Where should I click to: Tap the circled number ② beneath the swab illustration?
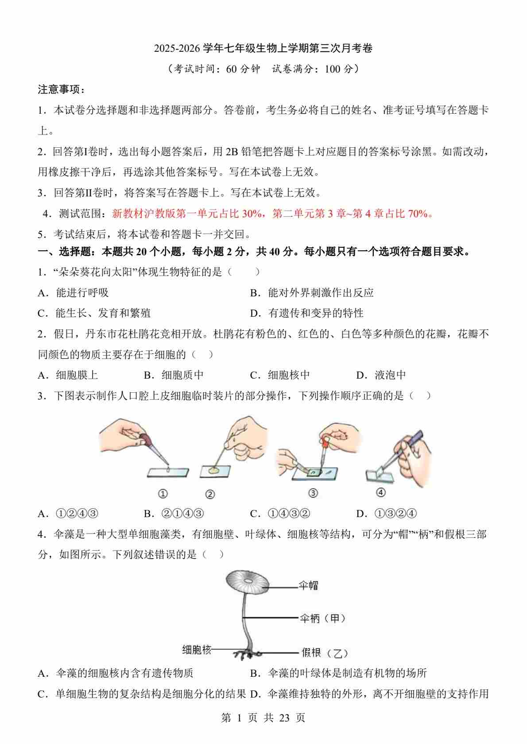point(210,495)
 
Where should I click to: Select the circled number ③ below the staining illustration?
point(313,493)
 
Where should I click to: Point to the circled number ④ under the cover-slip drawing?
point(381,492)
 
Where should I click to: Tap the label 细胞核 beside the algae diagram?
point(197,649)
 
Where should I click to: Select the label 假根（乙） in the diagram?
point(325,653)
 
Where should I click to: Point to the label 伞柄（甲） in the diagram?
point(322,618)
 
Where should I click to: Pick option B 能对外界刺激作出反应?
point(312,293)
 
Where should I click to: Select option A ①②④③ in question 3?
point(68,514)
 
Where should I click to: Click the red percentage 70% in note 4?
point(418,214)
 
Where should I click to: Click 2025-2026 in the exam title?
point(177,49)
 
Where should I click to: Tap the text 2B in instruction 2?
point(232,152)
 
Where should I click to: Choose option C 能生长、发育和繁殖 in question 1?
point(94,313)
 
